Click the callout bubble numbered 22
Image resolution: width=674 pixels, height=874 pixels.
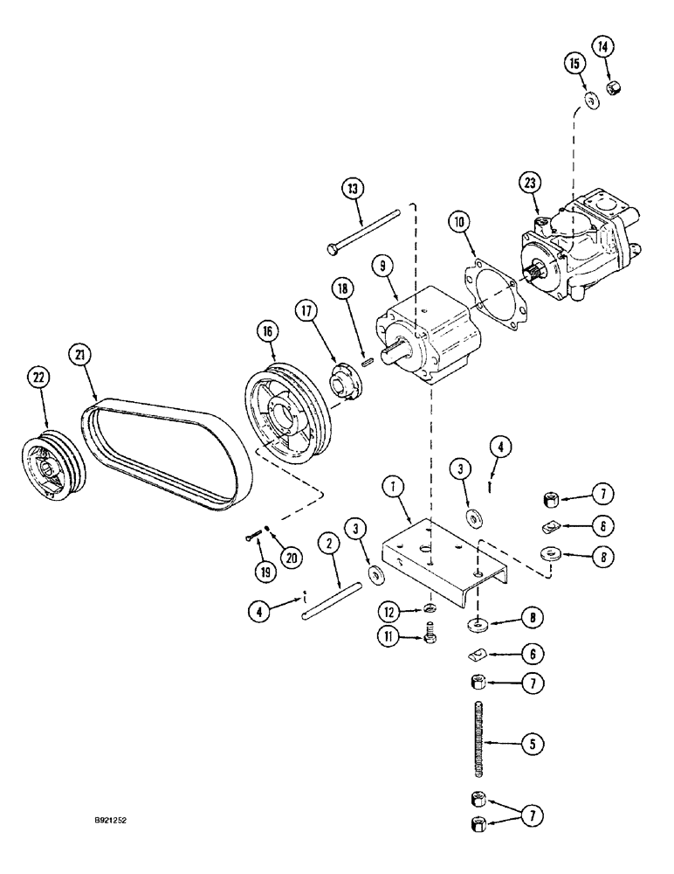[38, 378]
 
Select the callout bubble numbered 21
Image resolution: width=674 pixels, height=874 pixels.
[79, 356]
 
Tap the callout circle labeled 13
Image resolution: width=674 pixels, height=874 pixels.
[353, 189]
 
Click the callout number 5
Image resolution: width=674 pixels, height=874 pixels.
[530, 745]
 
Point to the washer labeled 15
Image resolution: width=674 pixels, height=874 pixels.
[592, 102]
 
